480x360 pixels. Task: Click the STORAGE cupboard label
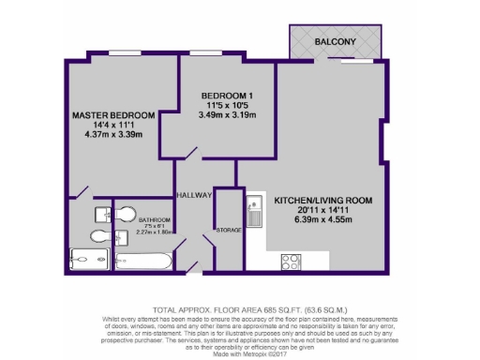pos(229,230)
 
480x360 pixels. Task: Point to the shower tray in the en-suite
pos(90,260)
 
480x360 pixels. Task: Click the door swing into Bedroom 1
pos(193,153)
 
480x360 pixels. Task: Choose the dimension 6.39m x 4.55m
pos(324,223)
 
